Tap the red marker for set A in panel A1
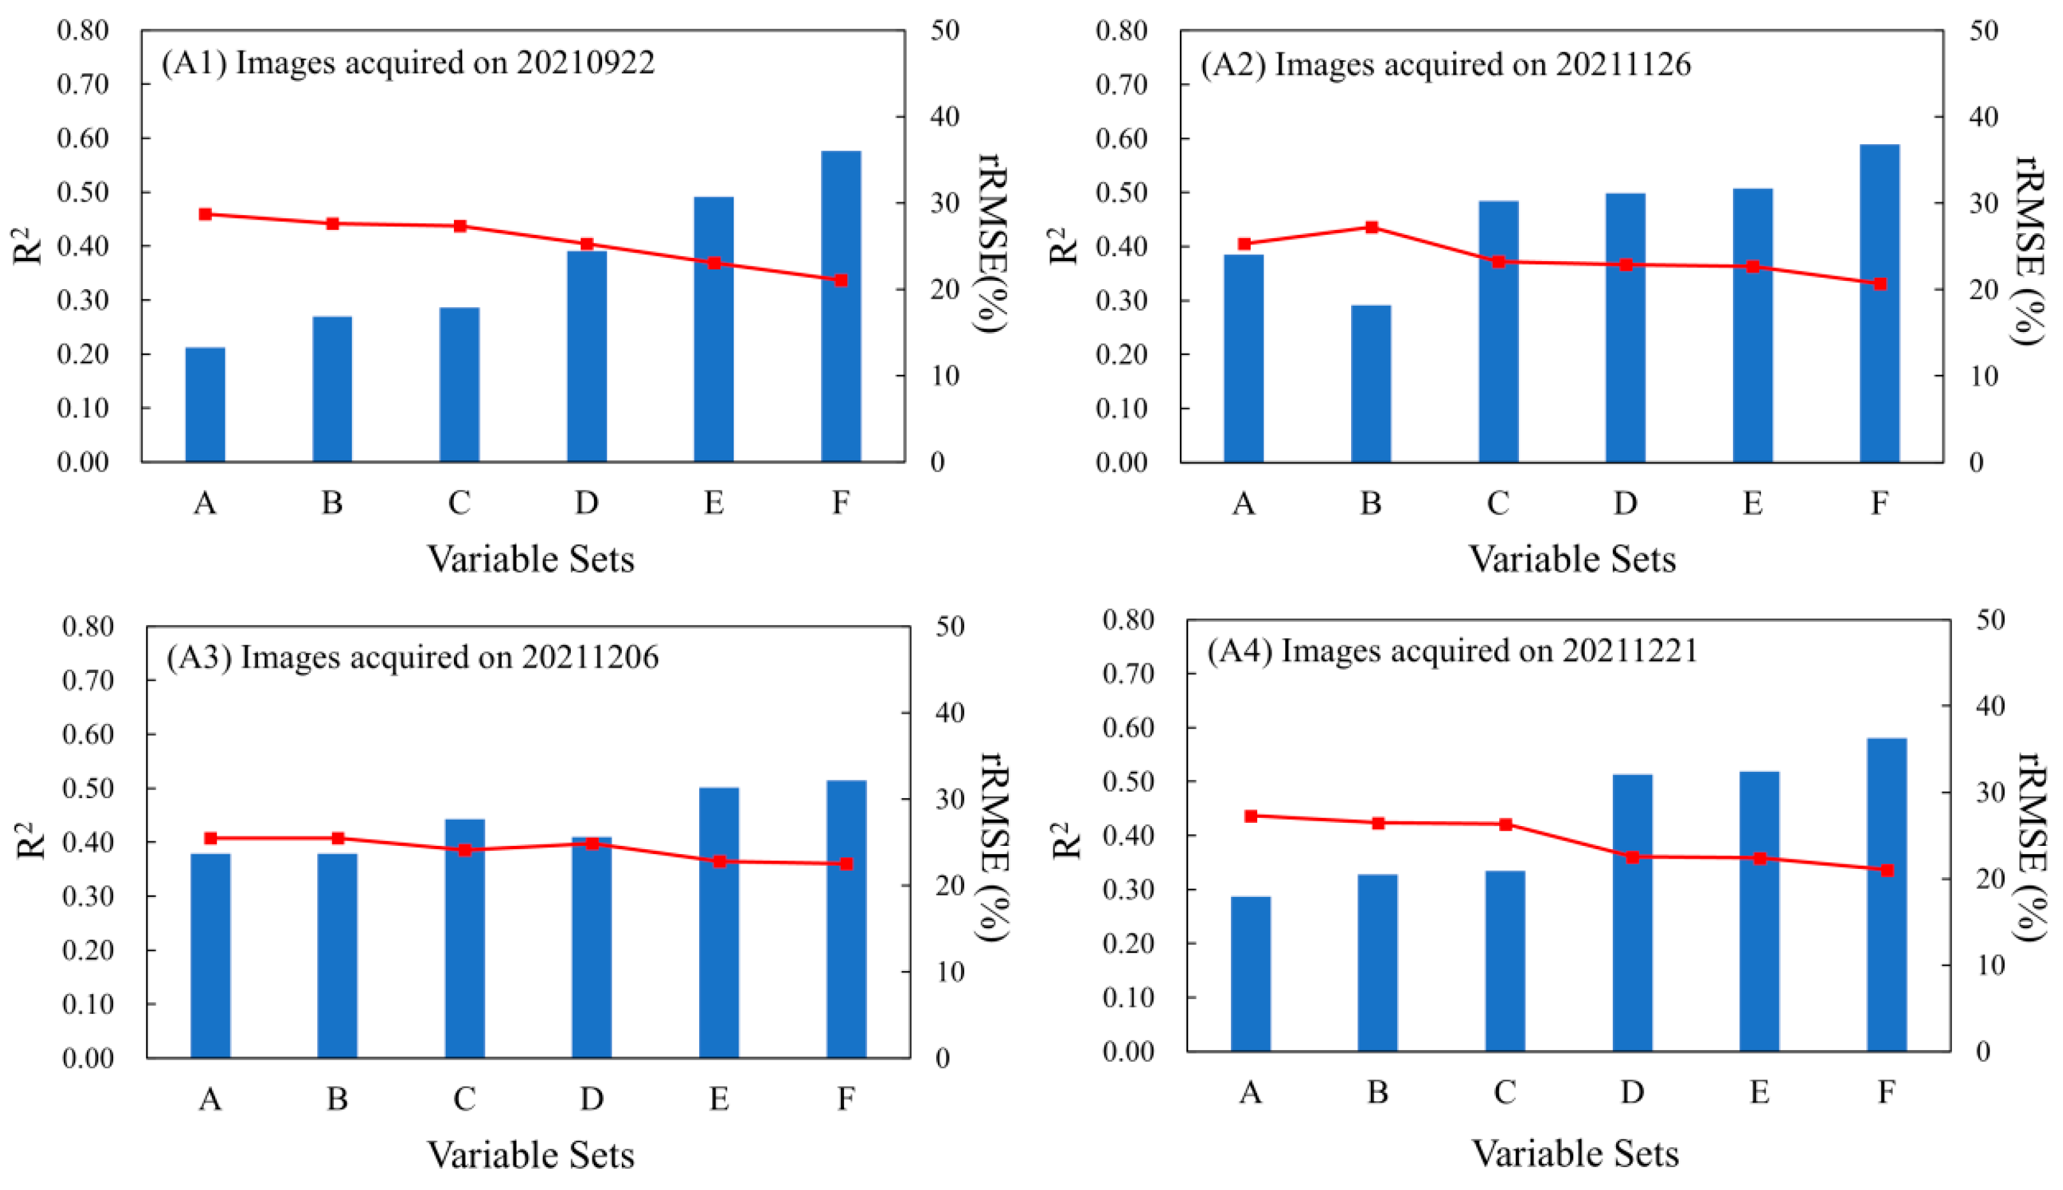click(205, 214)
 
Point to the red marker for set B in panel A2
click(1372, 227)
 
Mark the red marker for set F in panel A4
click(1886, 870)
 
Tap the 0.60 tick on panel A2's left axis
click(1121, 139)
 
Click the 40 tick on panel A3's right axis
click(949, 712)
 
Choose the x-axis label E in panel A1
click(714, 502)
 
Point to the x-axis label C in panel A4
click(1505, 1092)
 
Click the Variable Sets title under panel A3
click(531, 1155)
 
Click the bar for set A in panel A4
click(1251, 974)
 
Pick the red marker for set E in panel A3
click(719, 861)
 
